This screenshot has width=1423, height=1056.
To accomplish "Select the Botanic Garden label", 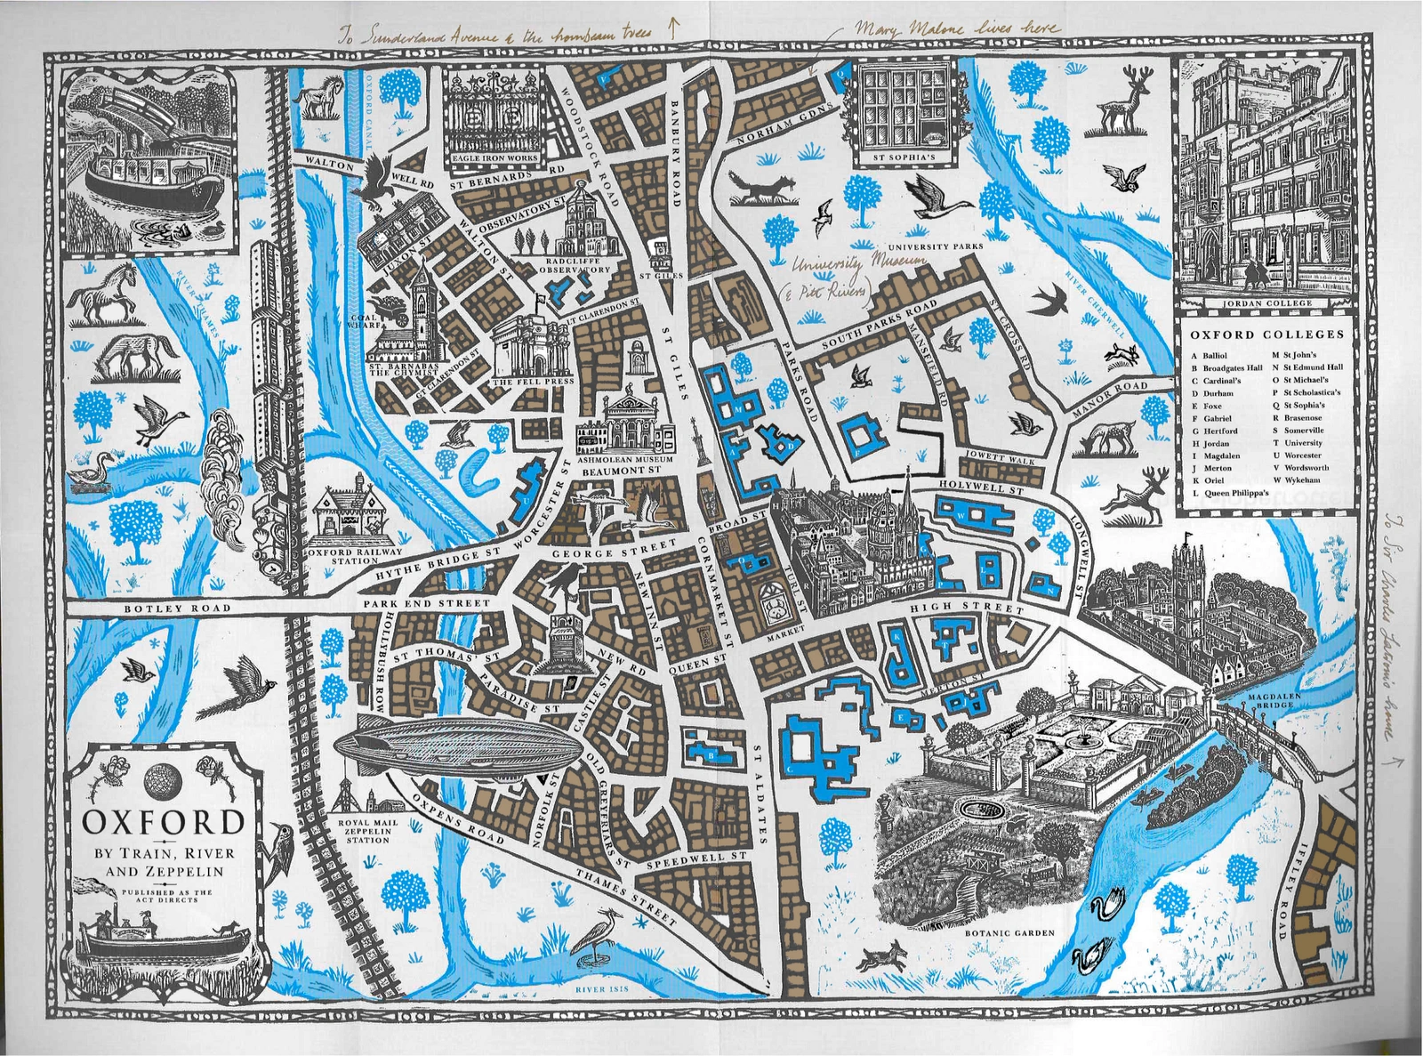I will pyautogui.click(x=1009, y=933).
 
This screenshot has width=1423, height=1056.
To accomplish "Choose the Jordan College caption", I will pyautogui.click(x=1266, y=303).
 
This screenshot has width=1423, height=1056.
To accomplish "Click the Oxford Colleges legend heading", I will pyautogui.click(x=1267, y=335).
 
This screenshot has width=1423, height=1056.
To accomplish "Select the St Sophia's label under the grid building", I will pyautogui.click(x=907, y=158).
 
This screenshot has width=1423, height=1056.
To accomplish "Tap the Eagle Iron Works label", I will pyautogui.click(x=494, y=158).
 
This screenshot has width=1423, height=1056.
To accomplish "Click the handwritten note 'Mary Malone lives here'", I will pyautogui.click(x=956, y=28).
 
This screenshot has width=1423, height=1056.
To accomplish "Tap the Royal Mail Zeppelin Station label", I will pyautogui.click(x=368, y=831).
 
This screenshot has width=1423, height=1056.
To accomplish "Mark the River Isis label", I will pyautogui.click(x=602, y=988).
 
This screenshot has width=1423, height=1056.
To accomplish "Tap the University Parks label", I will pyautogui.click(x=936, y=246).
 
